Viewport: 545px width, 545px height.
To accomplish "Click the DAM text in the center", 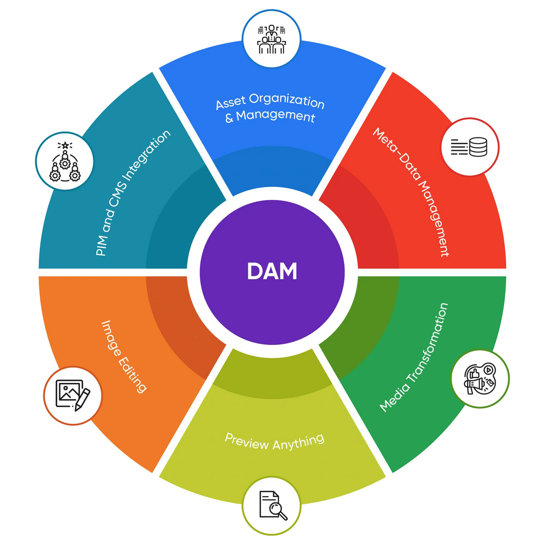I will pyautogui.click(x=272, y=272).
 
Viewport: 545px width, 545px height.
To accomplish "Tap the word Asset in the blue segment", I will pyautogui.click(x=231, y=102).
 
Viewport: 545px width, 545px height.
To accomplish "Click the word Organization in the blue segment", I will pyautogui.click(x=287, y=100).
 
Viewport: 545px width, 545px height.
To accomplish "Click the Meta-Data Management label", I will pyautogui.click(x=411, y=192).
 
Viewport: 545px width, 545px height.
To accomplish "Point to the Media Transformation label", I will pyautogui.click(x=414, y=357).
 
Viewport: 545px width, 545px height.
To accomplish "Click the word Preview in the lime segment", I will pyautogui.click(x=246, y=441).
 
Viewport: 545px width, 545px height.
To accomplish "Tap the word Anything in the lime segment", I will pyautogui.click(x=299, y=443).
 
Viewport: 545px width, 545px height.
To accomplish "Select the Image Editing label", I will pyautogui.click(x=124, y=356).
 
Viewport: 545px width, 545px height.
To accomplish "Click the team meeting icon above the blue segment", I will pyautogui.click(x=272, y=39).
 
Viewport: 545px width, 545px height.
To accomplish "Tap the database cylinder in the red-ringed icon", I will pyautogui.click(x=478, y=147).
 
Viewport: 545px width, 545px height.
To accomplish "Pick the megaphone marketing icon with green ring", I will pyautogui.click(x=480, y=379).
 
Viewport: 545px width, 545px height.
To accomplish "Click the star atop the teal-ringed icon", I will pyautogui.click(x=64, y=145).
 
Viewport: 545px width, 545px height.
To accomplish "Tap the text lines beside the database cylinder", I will pyautogui.click(x=459, y=147).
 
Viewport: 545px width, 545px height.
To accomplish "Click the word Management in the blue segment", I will pyautogui.click(x=276, y=116).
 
